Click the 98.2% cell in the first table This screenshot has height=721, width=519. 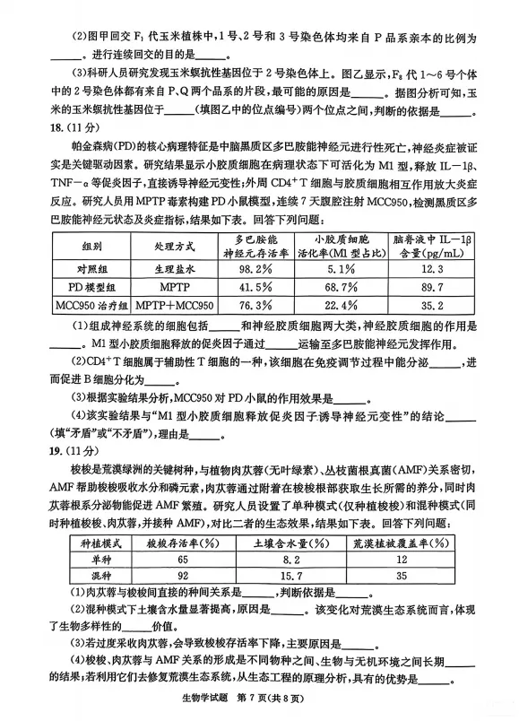coord(253,268)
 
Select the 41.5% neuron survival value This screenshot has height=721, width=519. coord(253,286)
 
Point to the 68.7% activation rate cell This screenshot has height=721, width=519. coord(345,286)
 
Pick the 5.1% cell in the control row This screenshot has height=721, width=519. coord(345,268)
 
